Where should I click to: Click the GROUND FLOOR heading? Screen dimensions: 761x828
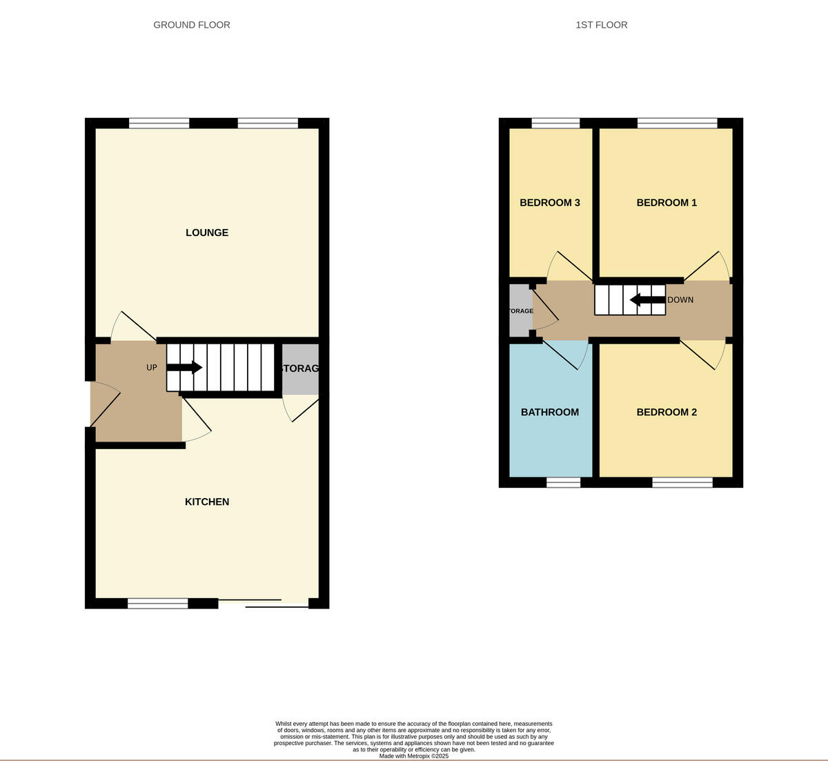point(192,25)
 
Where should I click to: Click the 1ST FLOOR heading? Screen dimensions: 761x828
point(602,25)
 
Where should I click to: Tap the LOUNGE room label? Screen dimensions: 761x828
point(207,233)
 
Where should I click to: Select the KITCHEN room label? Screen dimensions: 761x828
point(207,502)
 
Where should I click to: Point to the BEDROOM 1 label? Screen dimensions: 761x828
point(667,203)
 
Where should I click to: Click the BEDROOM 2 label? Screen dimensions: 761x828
point(667,412)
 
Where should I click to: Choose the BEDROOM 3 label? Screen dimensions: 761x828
point(550,203)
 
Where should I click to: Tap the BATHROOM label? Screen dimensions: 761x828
point(550,412)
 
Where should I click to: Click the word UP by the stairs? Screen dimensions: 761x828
point(152,368)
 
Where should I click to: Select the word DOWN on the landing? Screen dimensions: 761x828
point(680,300)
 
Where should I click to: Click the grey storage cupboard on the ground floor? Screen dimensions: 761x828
point(300,369)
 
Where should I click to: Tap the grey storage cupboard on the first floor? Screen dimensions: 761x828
point(520,311)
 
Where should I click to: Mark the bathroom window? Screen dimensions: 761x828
point(564,482)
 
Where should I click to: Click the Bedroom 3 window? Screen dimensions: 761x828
point(555,123)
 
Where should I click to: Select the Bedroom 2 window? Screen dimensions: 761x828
point(682,482)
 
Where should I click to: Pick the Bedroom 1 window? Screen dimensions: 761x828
point(677,123)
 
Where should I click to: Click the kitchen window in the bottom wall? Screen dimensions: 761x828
point(157,604)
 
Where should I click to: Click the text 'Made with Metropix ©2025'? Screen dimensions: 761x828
point(414,756)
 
